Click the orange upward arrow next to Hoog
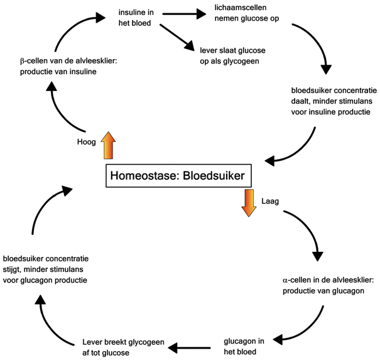tap(107, 145)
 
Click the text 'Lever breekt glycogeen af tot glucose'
tap(123, 347)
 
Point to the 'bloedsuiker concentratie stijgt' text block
tap(46, 269)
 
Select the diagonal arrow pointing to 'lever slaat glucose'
tap(178, 38)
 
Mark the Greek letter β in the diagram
tap(23, 60)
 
